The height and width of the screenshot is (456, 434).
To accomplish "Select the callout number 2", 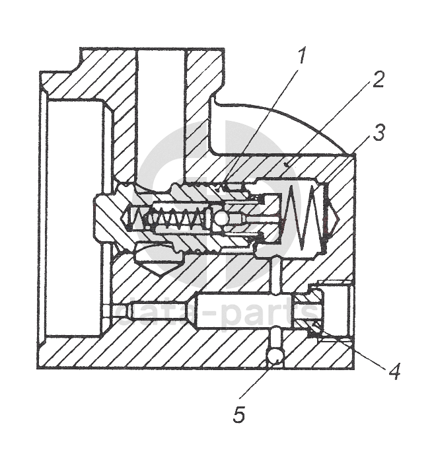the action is point(377,79).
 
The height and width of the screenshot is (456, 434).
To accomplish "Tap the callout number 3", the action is point(379,132).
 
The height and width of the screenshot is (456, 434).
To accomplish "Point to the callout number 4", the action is point(394,371).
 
